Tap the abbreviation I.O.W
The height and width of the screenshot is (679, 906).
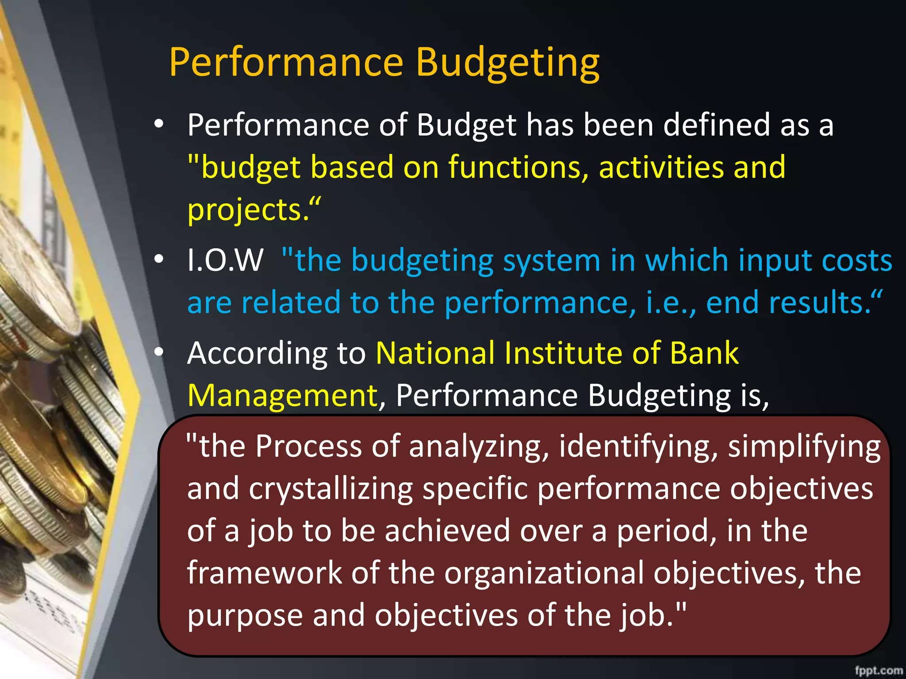(225, 260)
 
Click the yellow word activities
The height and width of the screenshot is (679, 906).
(661, 167)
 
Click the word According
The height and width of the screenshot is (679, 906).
(257, 354)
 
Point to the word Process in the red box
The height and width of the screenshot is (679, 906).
(308, 446)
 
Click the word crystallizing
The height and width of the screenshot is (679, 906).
(330, 489)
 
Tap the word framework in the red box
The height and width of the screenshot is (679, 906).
(265, 573)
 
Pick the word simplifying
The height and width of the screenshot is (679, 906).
(804, 447)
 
